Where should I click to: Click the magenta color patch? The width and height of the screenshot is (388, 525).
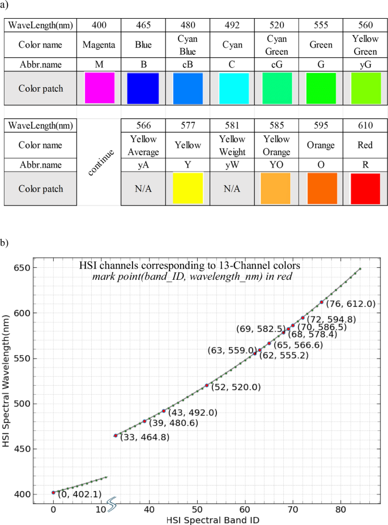99,88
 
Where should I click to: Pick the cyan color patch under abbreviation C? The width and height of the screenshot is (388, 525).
232,88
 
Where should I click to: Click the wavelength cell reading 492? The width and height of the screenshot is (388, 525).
232,25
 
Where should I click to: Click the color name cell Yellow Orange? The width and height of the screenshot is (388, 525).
276,145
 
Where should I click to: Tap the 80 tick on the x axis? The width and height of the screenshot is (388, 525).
340,508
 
